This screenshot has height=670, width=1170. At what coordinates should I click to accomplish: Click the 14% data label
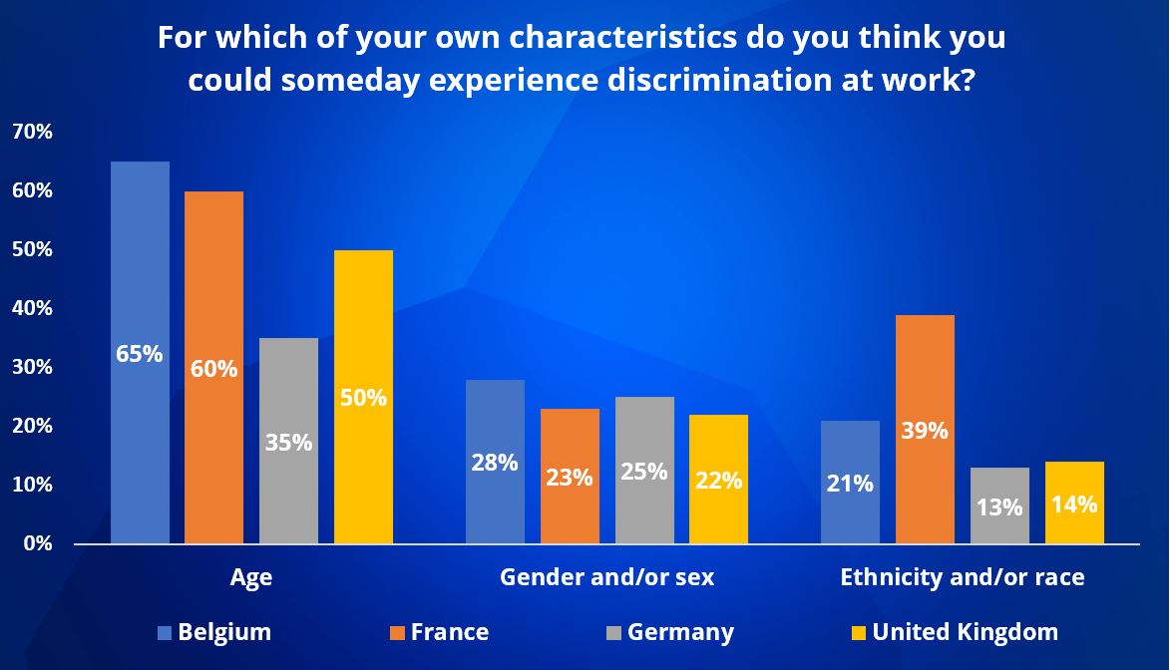(1074, 503)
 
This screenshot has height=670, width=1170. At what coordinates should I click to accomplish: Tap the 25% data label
(644, 470)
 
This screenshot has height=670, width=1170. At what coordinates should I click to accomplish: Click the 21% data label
(850, 484)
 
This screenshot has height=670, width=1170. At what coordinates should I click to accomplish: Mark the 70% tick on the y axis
(32, 132)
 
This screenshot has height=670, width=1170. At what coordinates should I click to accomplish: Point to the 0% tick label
(37, 543)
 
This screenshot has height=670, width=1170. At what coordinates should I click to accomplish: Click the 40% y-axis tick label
(32, 308)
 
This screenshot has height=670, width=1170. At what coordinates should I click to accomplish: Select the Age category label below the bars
(250, 577)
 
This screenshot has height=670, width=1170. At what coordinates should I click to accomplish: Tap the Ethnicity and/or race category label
(962, 577)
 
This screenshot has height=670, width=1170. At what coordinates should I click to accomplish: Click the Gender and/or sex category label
(606, 577)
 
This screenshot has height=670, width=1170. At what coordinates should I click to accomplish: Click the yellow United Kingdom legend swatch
(858, 632)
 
